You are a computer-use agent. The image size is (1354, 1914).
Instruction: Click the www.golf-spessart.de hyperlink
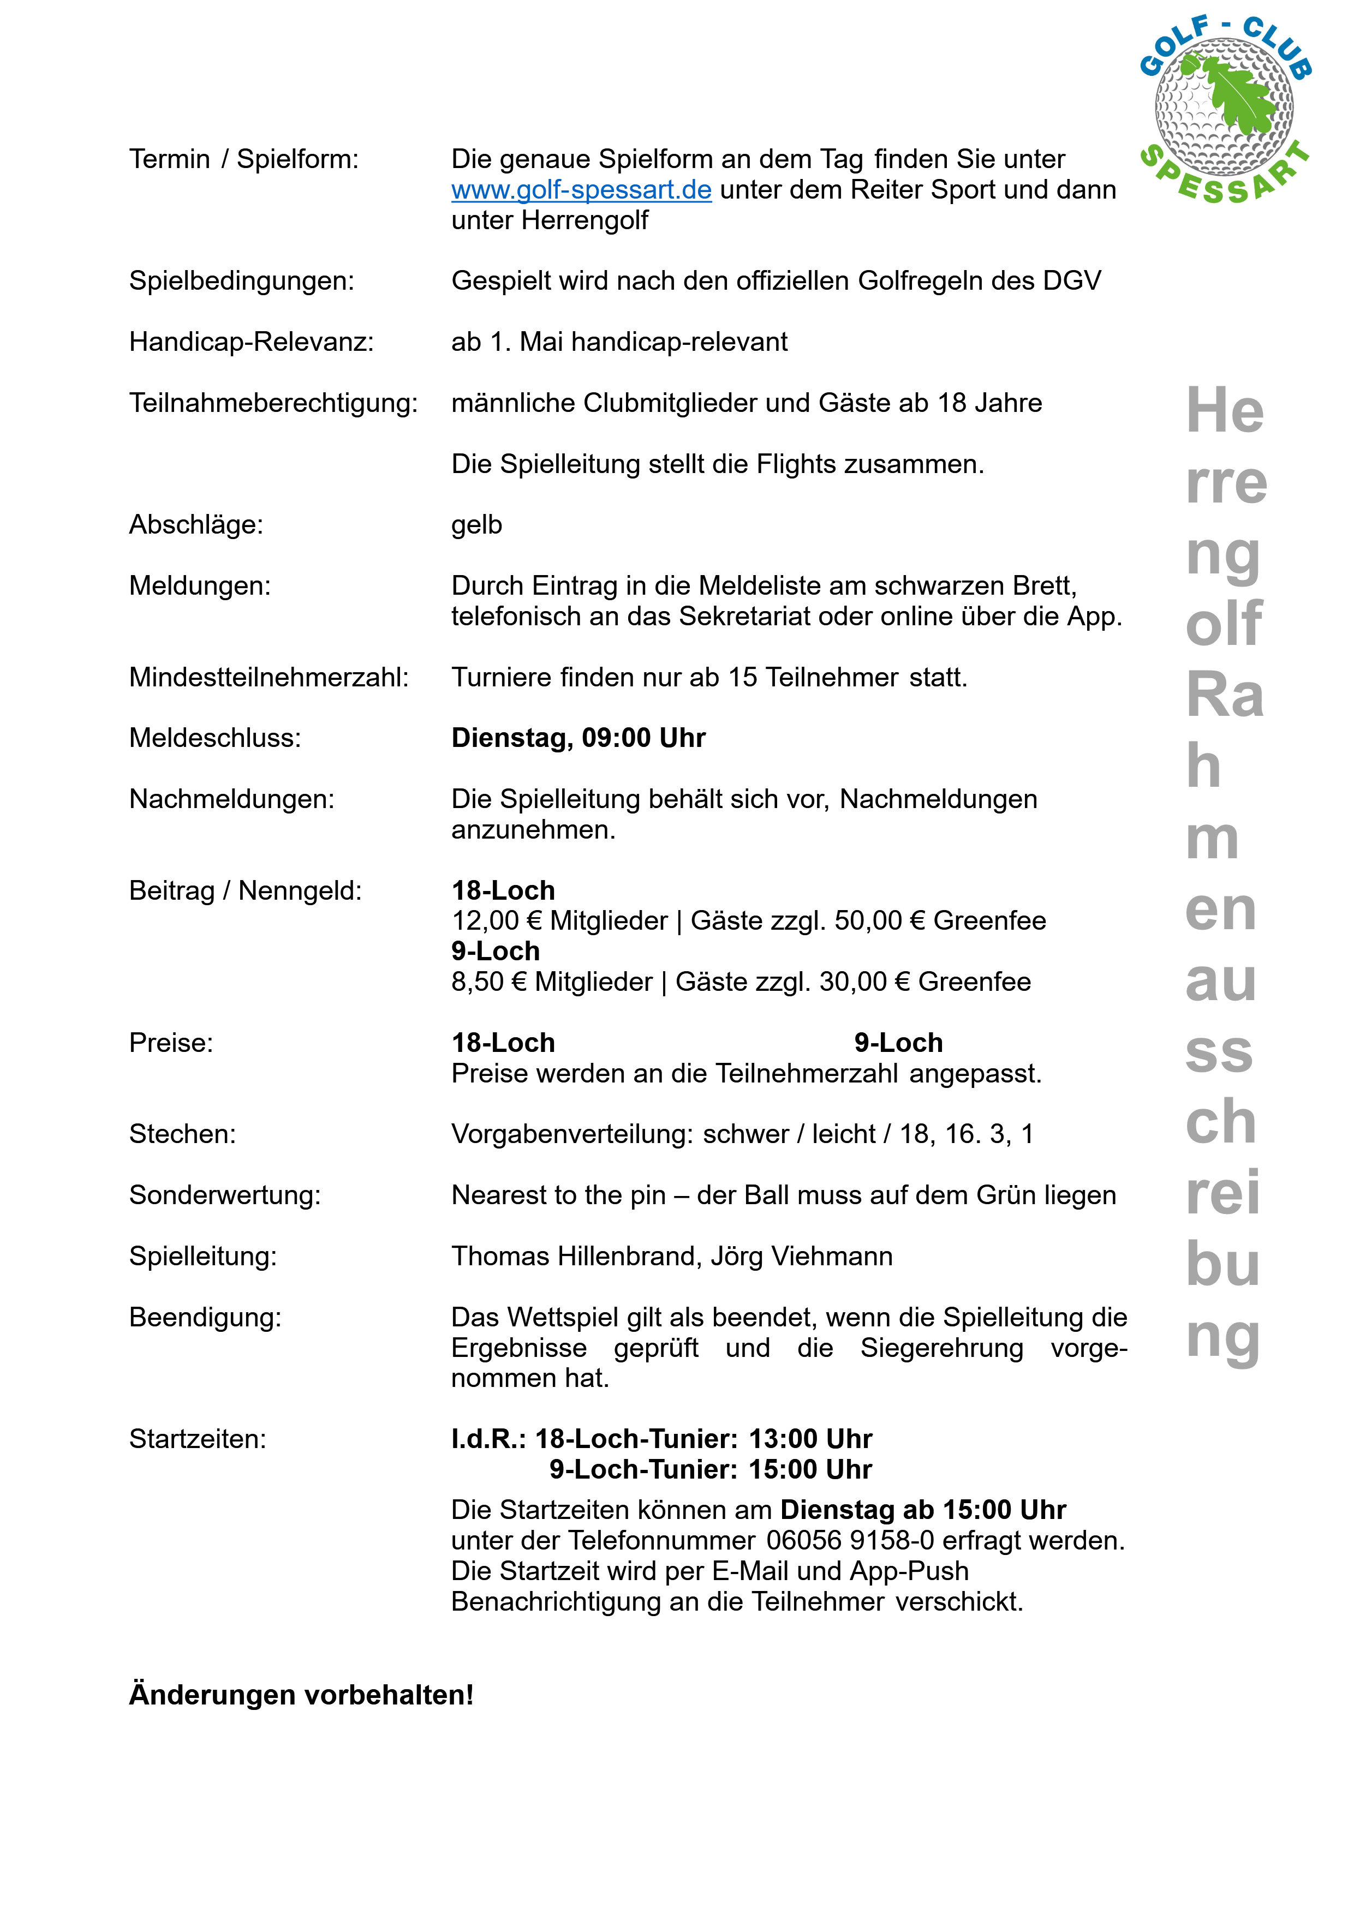pos(581,190)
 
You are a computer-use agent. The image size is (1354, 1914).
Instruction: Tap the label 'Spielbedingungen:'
pos(242,282)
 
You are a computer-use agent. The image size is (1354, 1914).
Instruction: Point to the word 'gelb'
pos(477,525)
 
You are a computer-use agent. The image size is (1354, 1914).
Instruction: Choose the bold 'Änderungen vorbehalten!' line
pos(301,1695)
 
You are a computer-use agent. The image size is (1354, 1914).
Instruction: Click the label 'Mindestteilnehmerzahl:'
pos(269,678)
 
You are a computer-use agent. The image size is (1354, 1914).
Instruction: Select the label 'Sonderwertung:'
pos(224,1195)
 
